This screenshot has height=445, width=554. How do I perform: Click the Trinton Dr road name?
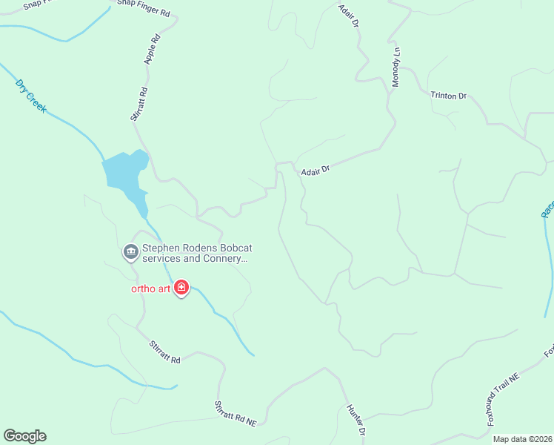pyautogui.click(x=449, y=96)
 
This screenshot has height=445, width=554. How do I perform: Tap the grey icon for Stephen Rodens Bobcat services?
pyautogui.click(x=131, y=253)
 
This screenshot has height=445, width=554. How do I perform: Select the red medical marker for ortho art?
pyautogui.click(x=181, y=288)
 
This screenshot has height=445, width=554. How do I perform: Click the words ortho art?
pyautogui.click(x=152, y=288)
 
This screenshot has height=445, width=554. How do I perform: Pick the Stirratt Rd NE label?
pyautogui.click(x=235, y=414)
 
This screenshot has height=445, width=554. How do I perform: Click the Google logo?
pyautogui.click(x=24, y=436)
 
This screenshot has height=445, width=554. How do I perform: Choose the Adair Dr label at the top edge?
pyautogui.click(x=349, y=16)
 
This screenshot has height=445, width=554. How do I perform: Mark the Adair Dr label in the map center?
pyautogui.click(x=315, y=171)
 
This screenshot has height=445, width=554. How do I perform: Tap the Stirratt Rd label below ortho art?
pyautogui.click(x=164, y=351)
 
